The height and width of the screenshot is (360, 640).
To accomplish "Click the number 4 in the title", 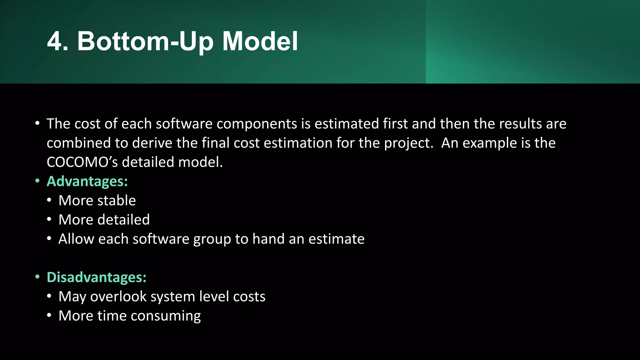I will pyautogui.click(x=57, y=41).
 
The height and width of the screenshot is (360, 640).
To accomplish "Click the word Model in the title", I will pyautogui.click(x=260, y=41).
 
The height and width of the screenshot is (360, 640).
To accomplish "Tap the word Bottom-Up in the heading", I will pyautogui.click(x=146, y=42).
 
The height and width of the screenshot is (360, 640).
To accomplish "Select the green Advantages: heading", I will pyautogui.click(x=87, y=181).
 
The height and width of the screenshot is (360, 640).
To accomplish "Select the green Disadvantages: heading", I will pyautogui.click(x=97, y=277).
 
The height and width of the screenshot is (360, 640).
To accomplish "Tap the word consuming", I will pyautogui.click(x=166, y=316).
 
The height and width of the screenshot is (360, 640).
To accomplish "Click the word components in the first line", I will pyautogui.click(x=257, y=124).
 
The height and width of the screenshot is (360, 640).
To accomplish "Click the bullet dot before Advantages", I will pyautogui.click(x=37, y=181).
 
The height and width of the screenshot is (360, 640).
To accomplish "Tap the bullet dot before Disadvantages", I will pyautogui.click(x=37, y=277).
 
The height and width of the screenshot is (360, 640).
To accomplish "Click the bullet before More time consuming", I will pyautogui.click(x=49, y=315).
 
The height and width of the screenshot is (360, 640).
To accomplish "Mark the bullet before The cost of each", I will pyautogui.click(x=37, y=123).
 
